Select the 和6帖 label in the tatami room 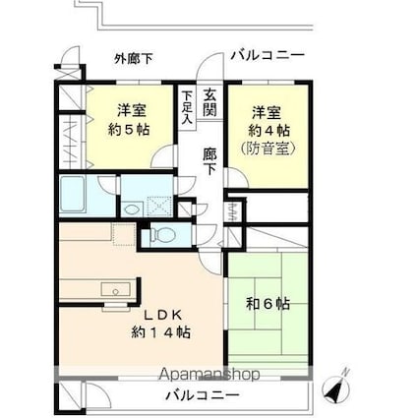click(269, 303)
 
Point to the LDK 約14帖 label click(160, 323)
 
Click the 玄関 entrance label click(210, 102)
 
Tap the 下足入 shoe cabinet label click(187, 105)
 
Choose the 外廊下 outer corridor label click(133, 58)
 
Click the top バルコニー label click(268, 55)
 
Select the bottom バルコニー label click(202, 394)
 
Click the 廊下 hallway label click(210, 160)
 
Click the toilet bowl click(163, 235)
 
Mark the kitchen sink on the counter click(114, 289)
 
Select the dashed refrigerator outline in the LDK click(123, 234)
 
